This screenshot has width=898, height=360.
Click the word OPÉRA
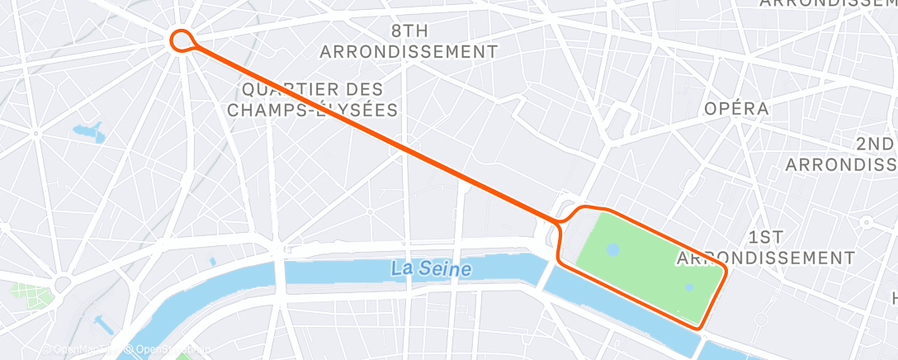click(736, 108)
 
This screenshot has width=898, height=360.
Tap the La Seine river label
click(431, 268)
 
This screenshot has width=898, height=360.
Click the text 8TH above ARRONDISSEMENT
click(409, 31)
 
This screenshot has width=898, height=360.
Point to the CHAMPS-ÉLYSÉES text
click(312, 109)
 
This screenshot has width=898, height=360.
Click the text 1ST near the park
click(765, 237)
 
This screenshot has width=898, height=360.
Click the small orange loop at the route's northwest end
click(182, 39)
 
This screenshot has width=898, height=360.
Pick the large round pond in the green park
click(612, 249)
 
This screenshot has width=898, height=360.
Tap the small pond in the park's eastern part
click(689, 287)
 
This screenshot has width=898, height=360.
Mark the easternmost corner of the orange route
click(725, 270)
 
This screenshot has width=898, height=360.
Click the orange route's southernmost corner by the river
click(701, 328)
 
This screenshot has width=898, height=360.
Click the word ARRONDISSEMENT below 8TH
click(409, 51)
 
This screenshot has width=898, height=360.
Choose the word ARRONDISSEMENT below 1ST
click(765, 258)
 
